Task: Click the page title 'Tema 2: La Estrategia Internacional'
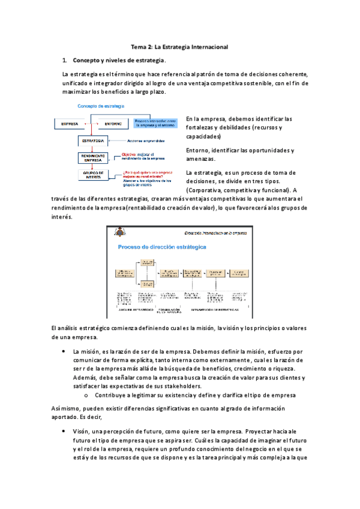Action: point(179,46)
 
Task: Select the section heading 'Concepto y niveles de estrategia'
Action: point(118,61)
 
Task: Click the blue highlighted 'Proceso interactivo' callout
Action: point(156,122)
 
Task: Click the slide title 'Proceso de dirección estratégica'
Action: point(162,247)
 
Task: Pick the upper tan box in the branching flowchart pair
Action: point(148,262)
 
